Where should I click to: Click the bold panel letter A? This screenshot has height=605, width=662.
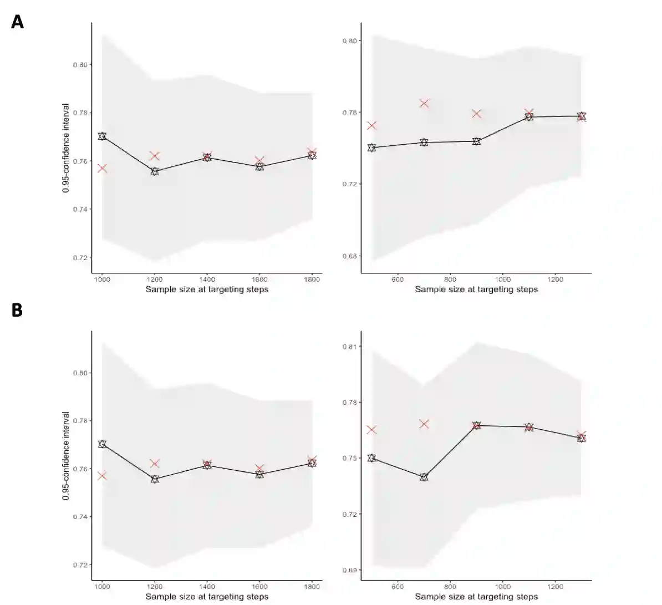click(17, 22)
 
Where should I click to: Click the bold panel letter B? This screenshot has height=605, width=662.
click(17, 309)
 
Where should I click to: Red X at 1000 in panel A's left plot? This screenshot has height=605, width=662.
click(102, 168)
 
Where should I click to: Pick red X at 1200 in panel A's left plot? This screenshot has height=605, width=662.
click(155, 156)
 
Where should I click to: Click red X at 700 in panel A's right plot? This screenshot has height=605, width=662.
click(424, 103)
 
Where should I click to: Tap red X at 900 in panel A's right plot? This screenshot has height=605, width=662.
click(476, 114)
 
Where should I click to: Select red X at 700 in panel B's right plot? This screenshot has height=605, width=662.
click(424, 424)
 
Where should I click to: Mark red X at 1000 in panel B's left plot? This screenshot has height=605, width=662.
click(102, 476)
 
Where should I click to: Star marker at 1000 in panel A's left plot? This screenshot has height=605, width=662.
click(102, 136)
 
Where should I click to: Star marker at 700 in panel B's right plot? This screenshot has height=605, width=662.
click(424, 477)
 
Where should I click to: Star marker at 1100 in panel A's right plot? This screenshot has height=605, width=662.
click(529, 117)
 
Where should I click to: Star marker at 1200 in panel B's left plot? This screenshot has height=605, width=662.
click(155, 479)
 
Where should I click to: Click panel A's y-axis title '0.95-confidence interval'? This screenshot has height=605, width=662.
click(66, 148)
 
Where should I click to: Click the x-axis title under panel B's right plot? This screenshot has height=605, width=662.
click(476, 597)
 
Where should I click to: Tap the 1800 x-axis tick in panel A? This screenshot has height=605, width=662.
click(312, 279)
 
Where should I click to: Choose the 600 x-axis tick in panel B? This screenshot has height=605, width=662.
click(398, 587)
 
